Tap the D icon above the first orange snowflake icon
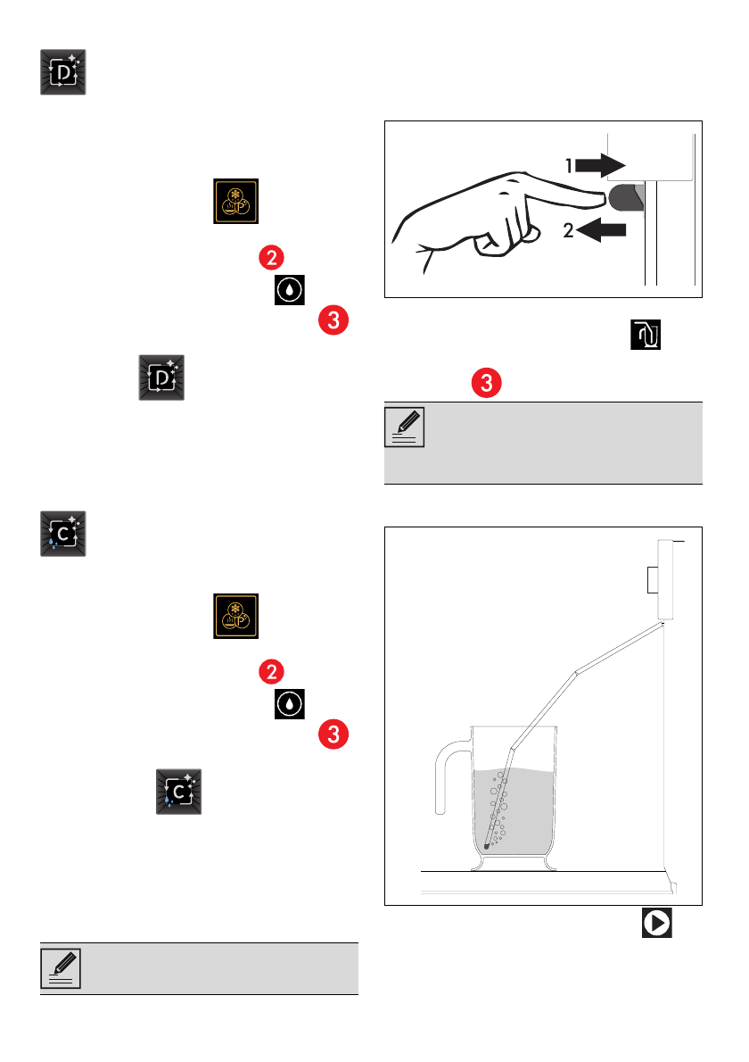(x=63, y=72)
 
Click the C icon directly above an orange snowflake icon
(x=63, y=535)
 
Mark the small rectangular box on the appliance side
(x=650, y=583)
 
